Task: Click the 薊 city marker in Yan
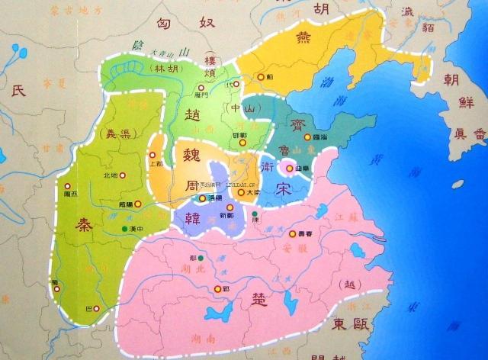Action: pos(261,77)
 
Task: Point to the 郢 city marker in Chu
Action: pos(216,289)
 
